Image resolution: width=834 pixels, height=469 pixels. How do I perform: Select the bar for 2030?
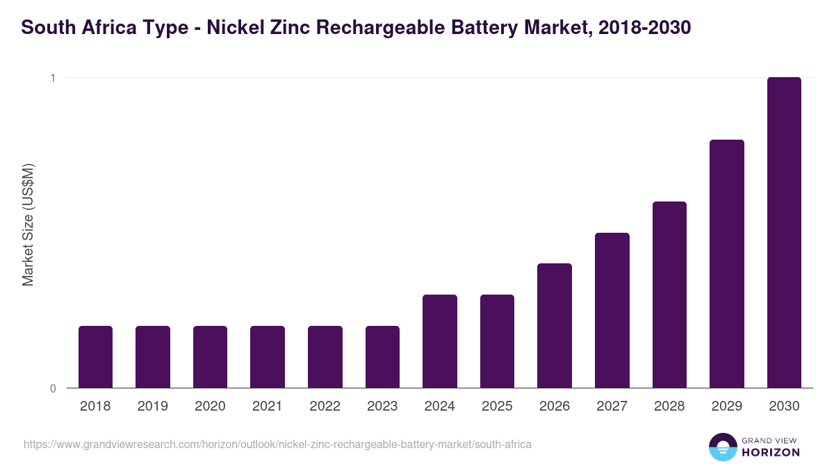point(784,233)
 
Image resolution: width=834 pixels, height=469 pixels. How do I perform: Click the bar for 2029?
point(726,264)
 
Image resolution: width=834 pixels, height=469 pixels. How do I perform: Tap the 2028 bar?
point(669,295)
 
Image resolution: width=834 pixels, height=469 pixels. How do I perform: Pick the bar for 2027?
point(612,311)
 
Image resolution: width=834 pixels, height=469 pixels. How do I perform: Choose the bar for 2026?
point(555,326)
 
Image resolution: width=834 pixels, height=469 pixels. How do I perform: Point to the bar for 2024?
point(440,341)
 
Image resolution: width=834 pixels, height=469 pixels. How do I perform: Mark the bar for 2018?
point(95,357)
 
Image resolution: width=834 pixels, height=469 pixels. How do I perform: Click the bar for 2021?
point(268,357)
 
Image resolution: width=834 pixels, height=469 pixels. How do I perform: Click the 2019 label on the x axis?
point(153,406)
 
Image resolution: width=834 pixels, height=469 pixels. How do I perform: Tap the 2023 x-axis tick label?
point(382,406)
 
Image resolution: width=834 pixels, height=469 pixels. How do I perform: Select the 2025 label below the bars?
point(497,406)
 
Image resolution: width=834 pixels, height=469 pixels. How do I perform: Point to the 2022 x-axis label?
point(325,406)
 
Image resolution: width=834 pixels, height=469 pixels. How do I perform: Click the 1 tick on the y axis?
point(52,78)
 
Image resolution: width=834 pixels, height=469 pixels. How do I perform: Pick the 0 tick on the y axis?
point(52,388)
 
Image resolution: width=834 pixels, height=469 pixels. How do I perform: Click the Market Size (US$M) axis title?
point(28,224)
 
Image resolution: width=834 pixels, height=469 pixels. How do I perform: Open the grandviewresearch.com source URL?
point(277,444)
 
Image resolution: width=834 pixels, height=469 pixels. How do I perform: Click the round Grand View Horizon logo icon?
point(722,447)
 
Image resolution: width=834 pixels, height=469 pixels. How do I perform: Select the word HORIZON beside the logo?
point(770,452)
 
